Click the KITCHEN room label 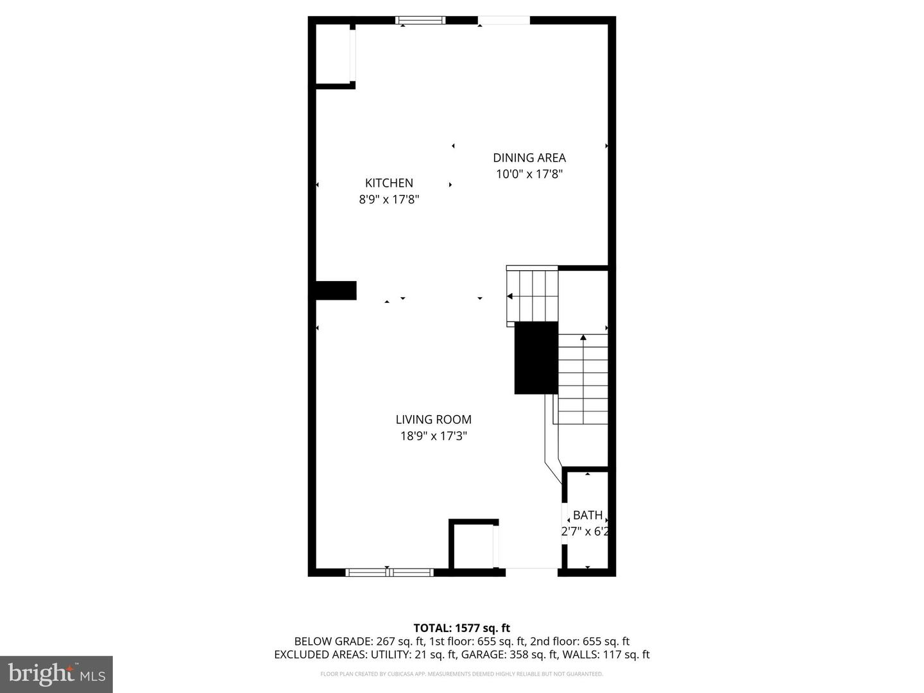[x=389, y=183]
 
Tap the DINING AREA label [x=529, y=158]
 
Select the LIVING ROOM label [x=433, y=420]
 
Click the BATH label [x=587, y=515]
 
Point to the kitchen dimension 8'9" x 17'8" [x=389, y=200]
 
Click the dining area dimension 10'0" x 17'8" [x=529, y=174]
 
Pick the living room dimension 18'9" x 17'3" [x=433, y=436]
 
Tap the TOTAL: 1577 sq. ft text [x=461, y=628]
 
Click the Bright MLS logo [x=56, y=674]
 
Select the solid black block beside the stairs [x=536, y=357]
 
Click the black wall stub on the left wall [x=336, y=290]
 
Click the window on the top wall [x=420, y=21]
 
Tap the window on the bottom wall [x=389, y=572]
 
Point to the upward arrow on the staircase [x=583, y=338]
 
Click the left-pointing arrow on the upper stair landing [x=510, y=296]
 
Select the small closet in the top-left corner [x=333, y=54]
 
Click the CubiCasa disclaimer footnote [x=461, y=674]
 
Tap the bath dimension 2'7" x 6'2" [x=585, y=531]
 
